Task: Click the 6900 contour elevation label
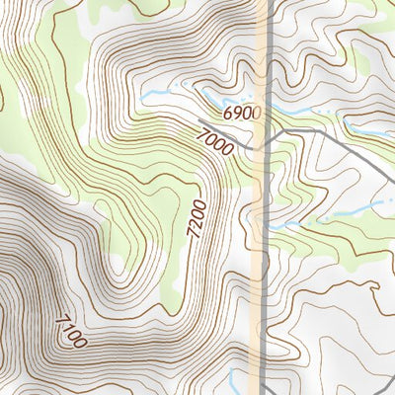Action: tap(241, 114)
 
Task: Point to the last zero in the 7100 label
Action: tap(80, 343)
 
